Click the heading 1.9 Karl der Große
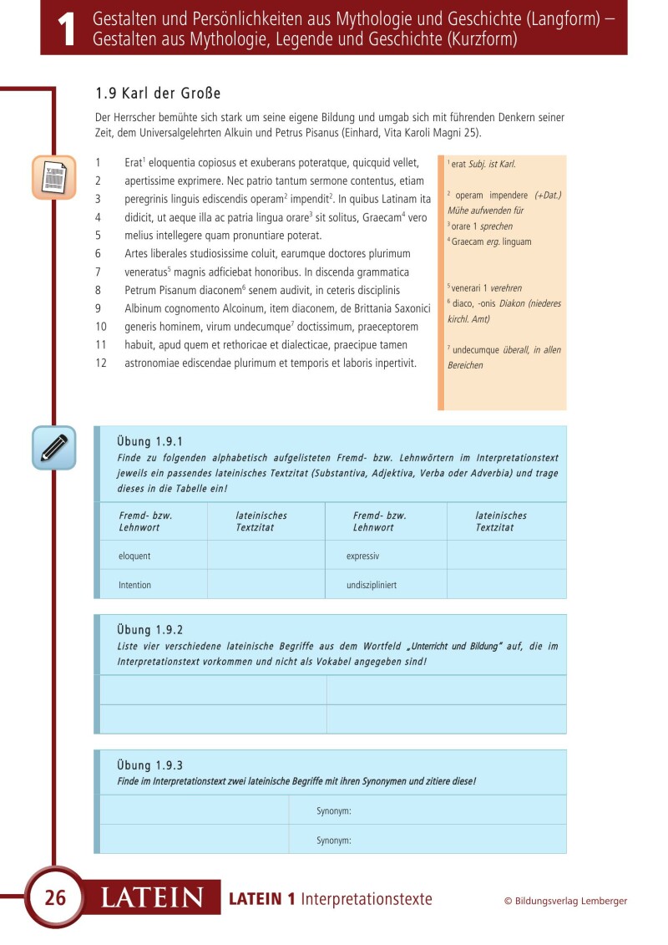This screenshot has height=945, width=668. pos(159,93)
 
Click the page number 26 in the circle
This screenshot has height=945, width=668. pos(55,898)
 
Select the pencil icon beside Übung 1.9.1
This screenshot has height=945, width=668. pos(53,447)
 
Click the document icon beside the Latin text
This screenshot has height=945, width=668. pos(53,177)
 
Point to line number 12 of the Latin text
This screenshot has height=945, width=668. pos(99,363)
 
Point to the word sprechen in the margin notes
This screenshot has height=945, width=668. pos(496,226)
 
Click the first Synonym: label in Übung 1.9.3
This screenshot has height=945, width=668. pos(334,810)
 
